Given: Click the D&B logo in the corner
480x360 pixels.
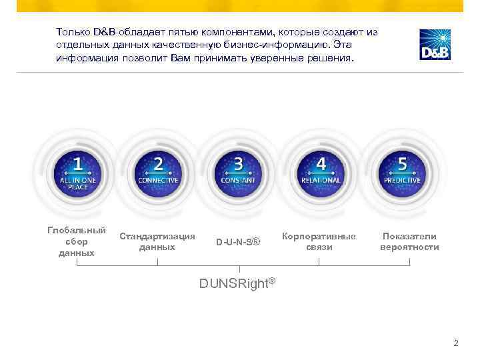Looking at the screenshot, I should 435,45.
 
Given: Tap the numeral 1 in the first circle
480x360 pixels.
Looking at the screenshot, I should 78,163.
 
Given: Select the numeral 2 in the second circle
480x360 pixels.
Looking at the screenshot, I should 158,163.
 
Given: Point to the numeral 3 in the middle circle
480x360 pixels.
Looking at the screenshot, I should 239,163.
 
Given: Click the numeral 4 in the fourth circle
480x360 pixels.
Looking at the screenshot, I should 321,163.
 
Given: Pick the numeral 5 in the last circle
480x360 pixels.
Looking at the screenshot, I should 402,163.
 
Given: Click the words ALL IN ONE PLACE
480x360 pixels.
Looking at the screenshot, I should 78,183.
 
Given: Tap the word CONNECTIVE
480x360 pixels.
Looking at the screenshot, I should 158,180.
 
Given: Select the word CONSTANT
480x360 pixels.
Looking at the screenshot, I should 239,180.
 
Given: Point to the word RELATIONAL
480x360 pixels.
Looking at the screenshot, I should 321,180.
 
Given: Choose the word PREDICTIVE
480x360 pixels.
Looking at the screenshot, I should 402,180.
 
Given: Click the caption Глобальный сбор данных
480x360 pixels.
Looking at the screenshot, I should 77,241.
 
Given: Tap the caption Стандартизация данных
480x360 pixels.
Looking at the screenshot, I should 157,241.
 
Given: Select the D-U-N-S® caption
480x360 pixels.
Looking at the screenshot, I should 238,241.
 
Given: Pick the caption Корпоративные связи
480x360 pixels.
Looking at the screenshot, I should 319,241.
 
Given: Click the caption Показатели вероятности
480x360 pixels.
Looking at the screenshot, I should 409,241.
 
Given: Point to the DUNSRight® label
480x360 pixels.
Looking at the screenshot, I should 237,283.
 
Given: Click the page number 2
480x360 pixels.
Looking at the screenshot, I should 455,343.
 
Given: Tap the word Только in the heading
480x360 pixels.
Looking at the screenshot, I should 73,31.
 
